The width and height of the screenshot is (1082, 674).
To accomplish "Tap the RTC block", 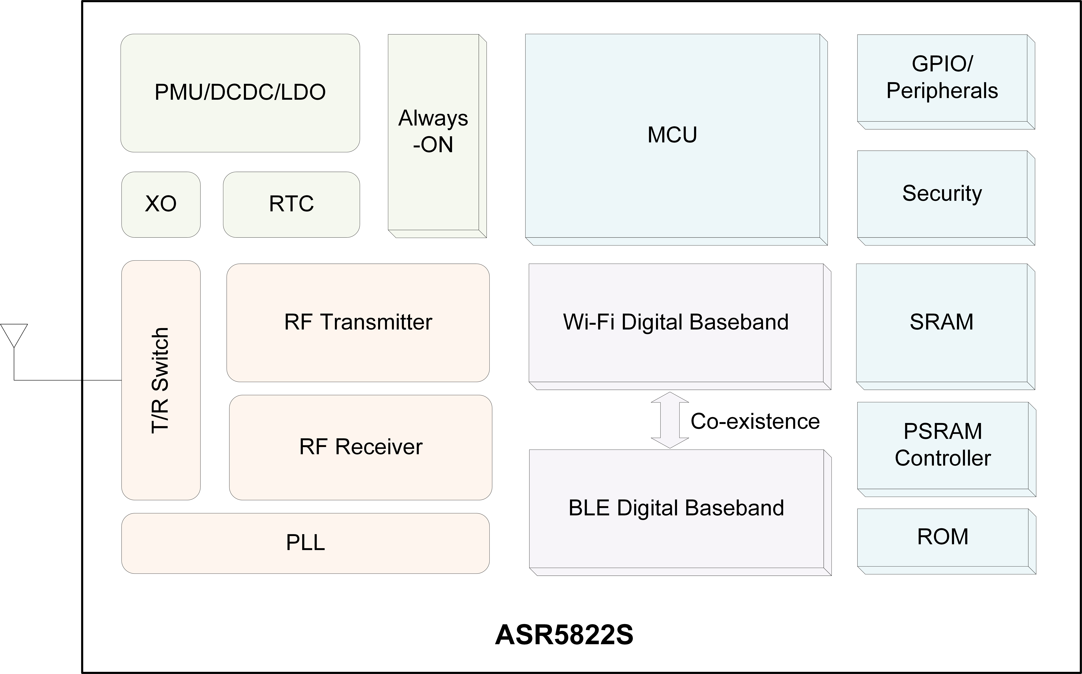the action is [x=291, y=205].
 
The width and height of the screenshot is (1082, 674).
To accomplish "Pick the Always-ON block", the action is [x=437, y=136].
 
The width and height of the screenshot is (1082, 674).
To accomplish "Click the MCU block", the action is [x=676, y=140].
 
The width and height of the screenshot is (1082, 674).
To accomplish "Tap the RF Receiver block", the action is [x=360, y=448].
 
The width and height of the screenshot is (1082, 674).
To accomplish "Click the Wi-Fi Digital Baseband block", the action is [x=680, y=327].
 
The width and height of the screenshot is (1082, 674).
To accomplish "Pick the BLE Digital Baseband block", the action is [x=680, y=513].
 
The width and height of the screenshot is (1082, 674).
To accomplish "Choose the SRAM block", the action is [x=945, y=327].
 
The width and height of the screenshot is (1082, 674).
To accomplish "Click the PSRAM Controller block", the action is [x=946, y=449].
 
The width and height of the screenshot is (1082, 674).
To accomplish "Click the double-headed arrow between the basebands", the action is [x=670, y=420].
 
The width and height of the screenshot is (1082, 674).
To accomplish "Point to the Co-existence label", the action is [x=755, y=421].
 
